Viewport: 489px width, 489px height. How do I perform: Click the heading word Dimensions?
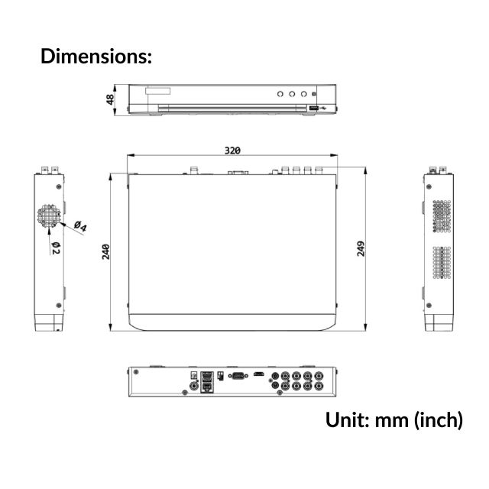[x=95, y=56]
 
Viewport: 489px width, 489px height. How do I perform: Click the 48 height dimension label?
[x=111, y=99]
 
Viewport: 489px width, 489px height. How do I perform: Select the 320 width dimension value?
[x=233, y=150]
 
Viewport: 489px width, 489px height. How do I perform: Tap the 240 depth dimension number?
[x=106, y=252]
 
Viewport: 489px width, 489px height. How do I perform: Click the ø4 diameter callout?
[x=79, y=227]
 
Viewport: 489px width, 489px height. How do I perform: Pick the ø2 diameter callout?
[x=56, y=246]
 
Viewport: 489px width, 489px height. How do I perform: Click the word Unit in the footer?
[x=347, y=419]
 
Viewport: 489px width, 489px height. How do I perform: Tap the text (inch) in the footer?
[x=439, y=419]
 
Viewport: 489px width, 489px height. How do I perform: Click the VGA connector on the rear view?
[x=238, y=375]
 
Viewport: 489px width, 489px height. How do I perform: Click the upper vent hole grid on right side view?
[x=441, y=216]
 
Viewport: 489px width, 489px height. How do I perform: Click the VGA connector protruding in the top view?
[x=237, y=172]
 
